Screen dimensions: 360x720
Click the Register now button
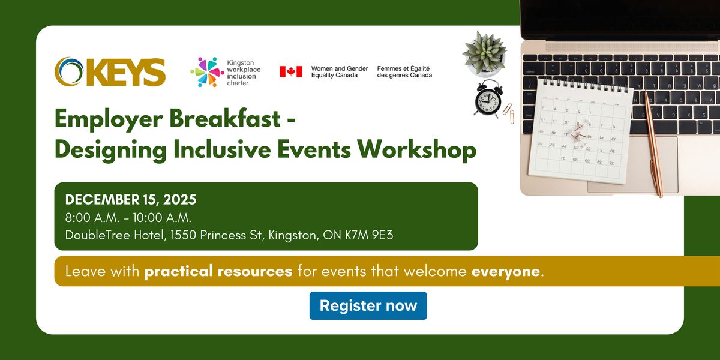click(368, 305)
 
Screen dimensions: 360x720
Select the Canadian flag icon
click(291, 72)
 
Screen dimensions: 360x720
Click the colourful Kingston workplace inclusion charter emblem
click(207, 72)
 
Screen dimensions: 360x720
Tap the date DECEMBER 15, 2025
click(131, 200)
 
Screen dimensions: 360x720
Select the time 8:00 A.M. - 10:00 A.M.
click(128, 217)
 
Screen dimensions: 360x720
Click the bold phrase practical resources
click(218, 271)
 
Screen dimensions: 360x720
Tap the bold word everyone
click(506, 271)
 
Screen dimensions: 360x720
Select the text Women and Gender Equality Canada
click(339, 72)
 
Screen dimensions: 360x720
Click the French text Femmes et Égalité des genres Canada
click(404, 72)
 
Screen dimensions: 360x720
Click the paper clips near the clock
click(508, 112)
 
